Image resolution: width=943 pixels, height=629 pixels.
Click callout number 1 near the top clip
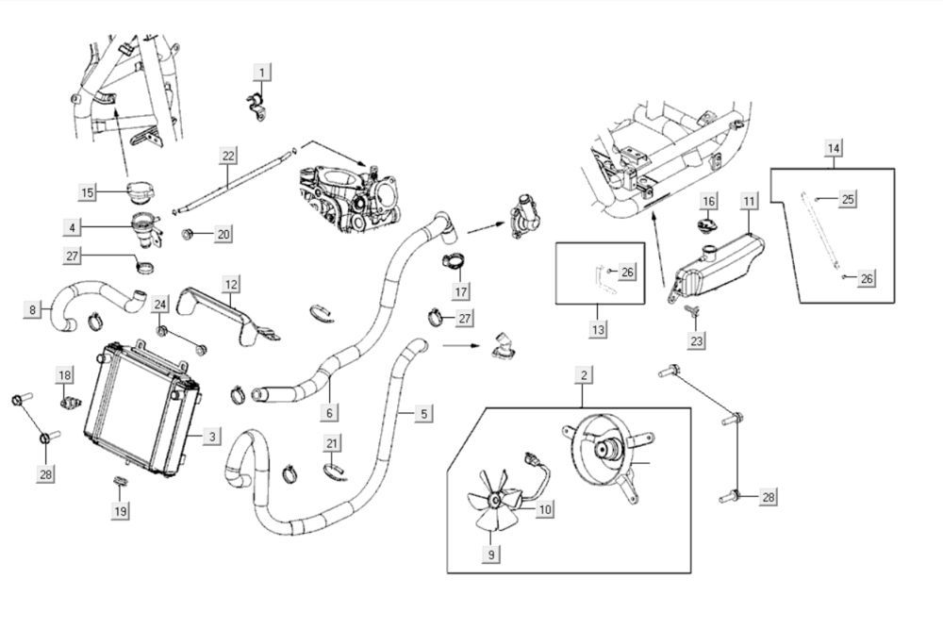coord(263,71)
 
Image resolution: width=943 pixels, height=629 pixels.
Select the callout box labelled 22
coord(228,156)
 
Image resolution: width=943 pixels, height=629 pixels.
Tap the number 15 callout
coord(88,192)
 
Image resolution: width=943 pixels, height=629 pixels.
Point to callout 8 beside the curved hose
coord(33,308)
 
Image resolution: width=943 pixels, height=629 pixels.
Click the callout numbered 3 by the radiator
coord(212,437)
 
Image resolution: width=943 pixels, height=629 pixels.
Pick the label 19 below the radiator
coord(121,510)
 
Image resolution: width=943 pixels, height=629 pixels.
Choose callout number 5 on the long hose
coord(423,413)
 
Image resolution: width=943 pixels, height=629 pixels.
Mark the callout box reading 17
coord(461,292)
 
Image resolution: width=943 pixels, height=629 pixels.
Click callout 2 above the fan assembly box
coord(585,376)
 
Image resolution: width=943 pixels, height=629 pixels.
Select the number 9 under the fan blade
coord(491,555)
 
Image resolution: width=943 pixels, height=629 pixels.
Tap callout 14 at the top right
coord(834,147)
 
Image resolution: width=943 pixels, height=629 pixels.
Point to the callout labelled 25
coord(848,199)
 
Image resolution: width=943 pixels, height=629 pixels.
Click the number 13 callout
coord(599,329)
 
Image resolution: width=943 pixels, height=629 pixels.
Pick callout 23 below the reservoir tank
coord(697,340)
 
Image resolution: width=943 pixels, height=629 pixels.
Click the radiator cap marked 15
coord(135,193)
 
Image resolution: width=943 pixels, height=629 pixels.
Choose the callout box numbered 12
coord(231,283)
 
